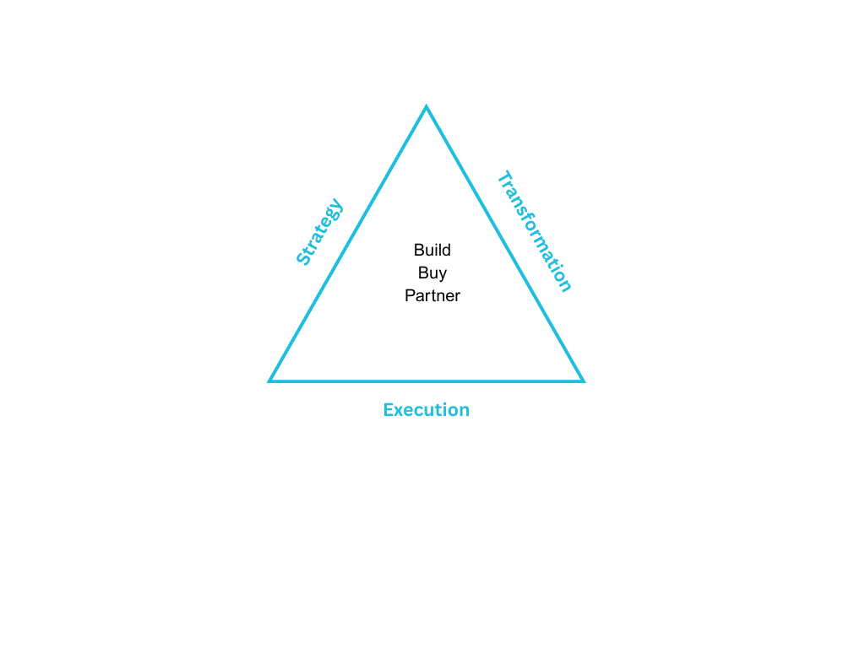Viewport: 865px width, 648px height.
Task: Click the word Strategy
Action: pyautogui.click(x=320, y=232)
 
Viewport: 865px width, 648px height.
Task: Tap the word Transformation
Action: pyautogui.click(x=534, y=231)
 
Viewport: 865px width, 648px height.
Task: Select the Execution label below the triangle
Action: pyautogui.click(x=426, y=410)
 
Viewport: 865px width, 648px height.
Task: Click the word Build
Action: pyautogui.click(x=432, y=250)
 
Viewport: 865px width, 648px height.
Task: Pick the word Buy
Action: pyautogui.click(x=432, y=273)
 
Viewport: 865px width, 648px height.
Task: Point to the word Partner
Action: pyautogui.click(x=432, y=295)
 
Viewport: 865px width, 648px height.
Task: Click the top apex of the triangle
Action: pyautogui.click(x=427, y=108)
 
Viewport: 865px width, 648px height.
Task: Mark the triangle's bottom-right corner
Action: pyautogui.click(x=582, y=381)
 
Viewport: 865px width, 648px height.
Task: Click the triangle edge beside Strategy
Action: pyautogui.click(x=348, y=245)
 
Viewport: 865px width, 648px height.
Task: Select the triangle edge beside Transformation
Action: pyautogui.click(x=504, y=245)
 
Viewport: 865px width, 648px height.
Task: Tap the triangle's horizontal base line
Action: pyautogui.click(x=427, y=381)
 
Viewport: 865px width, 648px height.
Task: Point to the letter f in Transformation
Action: pyautogui.click(x=529, y=222)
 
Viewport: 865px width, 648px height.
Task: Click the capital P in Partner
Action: pyautogui.click(x=410, y=295)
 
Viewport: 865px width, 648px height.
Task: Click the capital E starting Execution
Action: pyautogui.click(x=389, y=410)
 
